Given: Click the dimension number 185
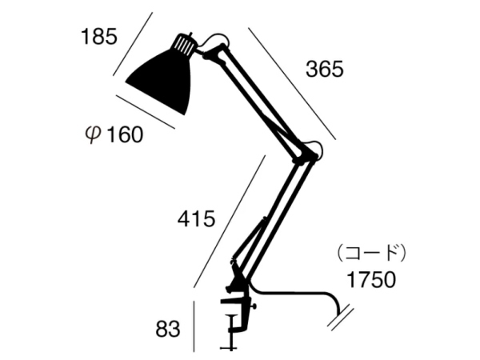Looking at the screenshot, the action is pyautogui.click(x=99, y=37).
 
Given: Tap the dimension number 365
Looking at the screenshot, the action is pyautogui.click(x=325, y=69).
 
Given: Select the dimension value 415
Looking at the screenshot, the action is pyautogui.click(x=197, y=219).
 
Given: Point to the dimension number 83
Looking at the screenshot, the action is pyautogui.click(x=168, y=330).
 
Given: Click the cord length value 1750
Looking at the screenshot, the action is pyautogui.click(x=371, y=279).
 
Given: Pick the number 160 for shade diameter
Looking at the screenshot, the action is pyautogui.click(x=126, y=134).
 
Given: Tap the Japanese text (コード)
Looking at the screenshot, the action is pyautogui.click(x=371, y=253).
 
